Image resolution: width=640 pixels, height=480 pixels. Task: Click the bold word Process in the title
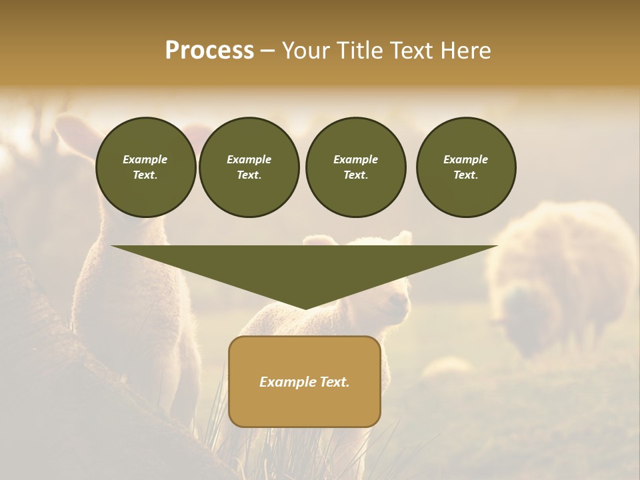tap(209, 51)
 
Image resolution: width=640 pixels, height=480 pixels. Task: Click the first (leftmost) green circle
tap(145, 167)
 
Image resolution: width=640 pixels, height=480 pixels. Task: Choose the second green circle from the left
tap(249, 167)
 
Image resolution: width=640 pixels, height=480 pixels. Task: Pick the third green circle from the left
tap(355, 167)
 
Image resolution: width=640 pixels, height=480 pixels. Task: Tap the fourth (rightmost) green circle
tap(466, 167)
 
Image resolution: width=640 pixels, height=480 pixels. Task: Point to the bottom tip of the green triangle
tap(305, 309)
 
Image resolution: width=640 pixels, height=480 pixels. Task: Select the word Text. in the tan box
tap(333, 382)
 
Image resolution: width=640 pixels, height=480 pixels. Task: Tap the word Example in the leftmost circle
tap(145, 160)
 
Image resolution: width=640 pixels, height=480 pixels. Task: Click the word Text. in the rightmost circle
tap(466, 175)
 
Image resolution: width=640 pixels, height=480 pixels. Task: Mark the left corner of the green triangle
tap(112, 247)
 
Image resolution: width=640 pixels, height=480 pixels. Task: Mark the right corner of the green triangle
tap(497, 247)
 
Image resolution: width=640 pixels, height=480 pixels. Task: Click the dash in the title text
tap(267, 51)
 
